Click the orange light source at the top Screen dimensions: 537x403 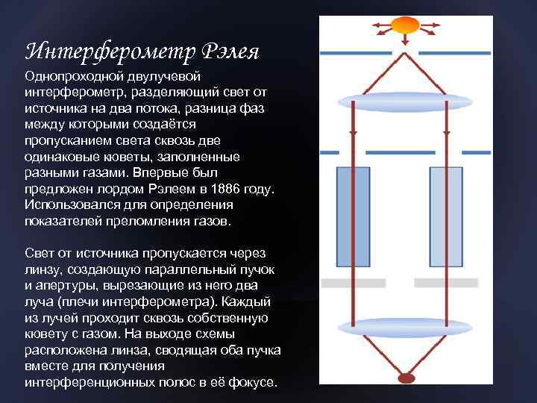pyautogui.click(x=405, y=25)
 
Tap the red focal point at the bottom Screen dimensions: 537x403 pyautogui.click(x=406, y=378)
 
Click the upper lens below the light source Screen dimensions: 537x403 pyautogui.click(x=405, y=101)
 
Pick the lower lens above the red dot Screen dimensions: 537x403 pyautogui.click(x=405, y=326)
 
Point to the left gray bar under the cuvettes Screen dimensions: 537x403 pyautogui.click(x=353, y=283)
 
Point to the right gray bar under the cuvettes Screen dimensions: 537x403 pyautogui.click(x=445, y=283)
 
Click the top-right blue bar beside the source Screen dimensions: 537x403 pyautogui.click(x=454, y=53)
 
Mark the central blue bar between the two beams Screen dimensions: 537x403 pyautogui.click(x=400, y=152)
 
